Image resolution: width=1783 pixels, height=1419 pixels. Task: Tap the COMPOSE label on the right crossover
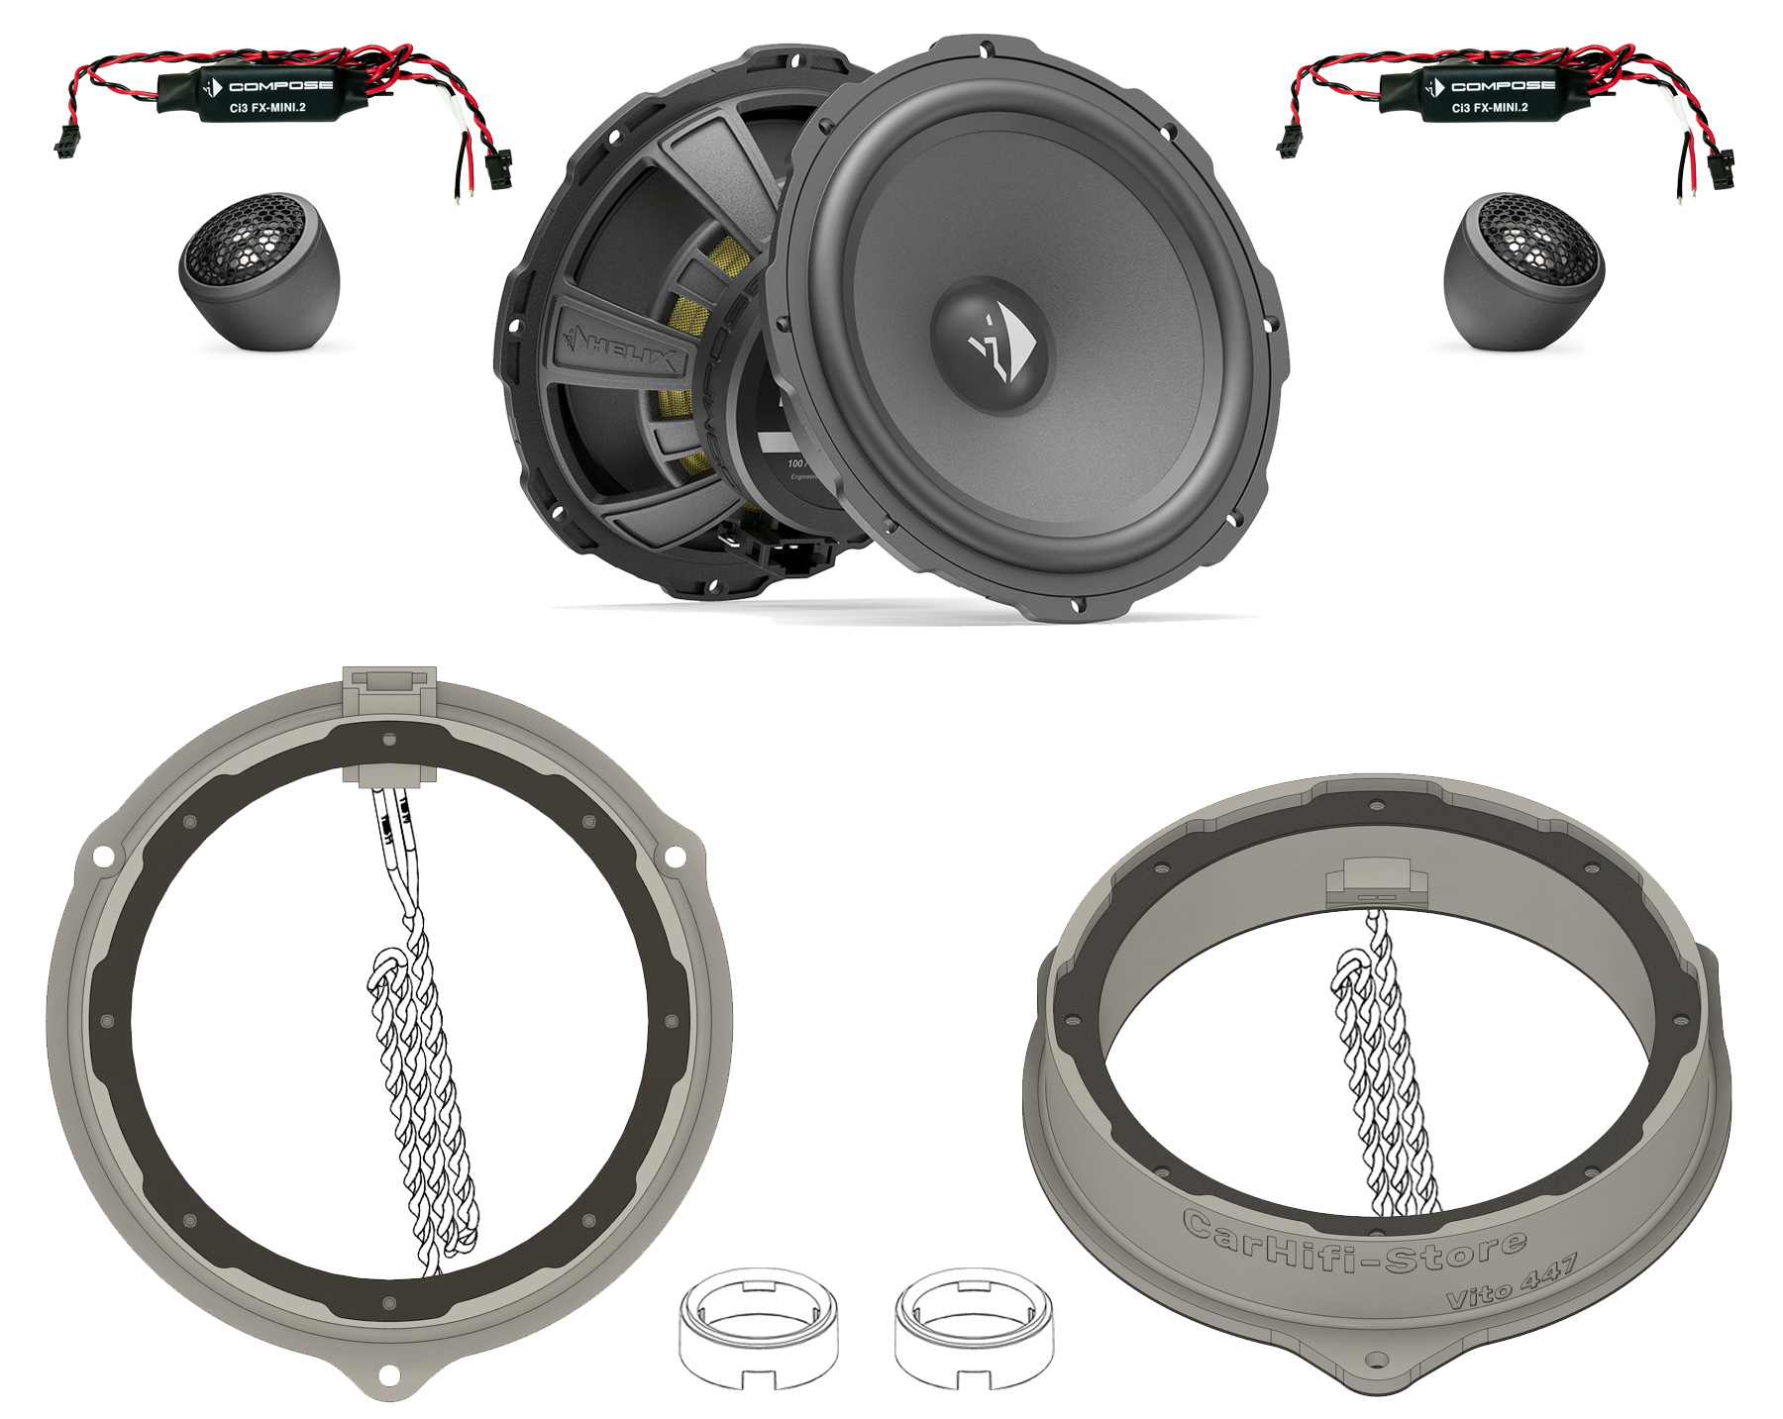[1489, 86]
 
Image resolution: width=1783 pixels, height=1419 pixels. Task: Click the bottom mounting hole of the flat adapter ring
[389, 1374]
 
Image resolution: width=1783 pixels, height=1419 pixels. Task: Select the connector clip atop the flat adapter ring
[388, 684]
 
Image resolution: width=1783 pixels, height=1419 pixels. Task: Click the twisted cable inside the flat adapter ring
[421, 1089]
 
